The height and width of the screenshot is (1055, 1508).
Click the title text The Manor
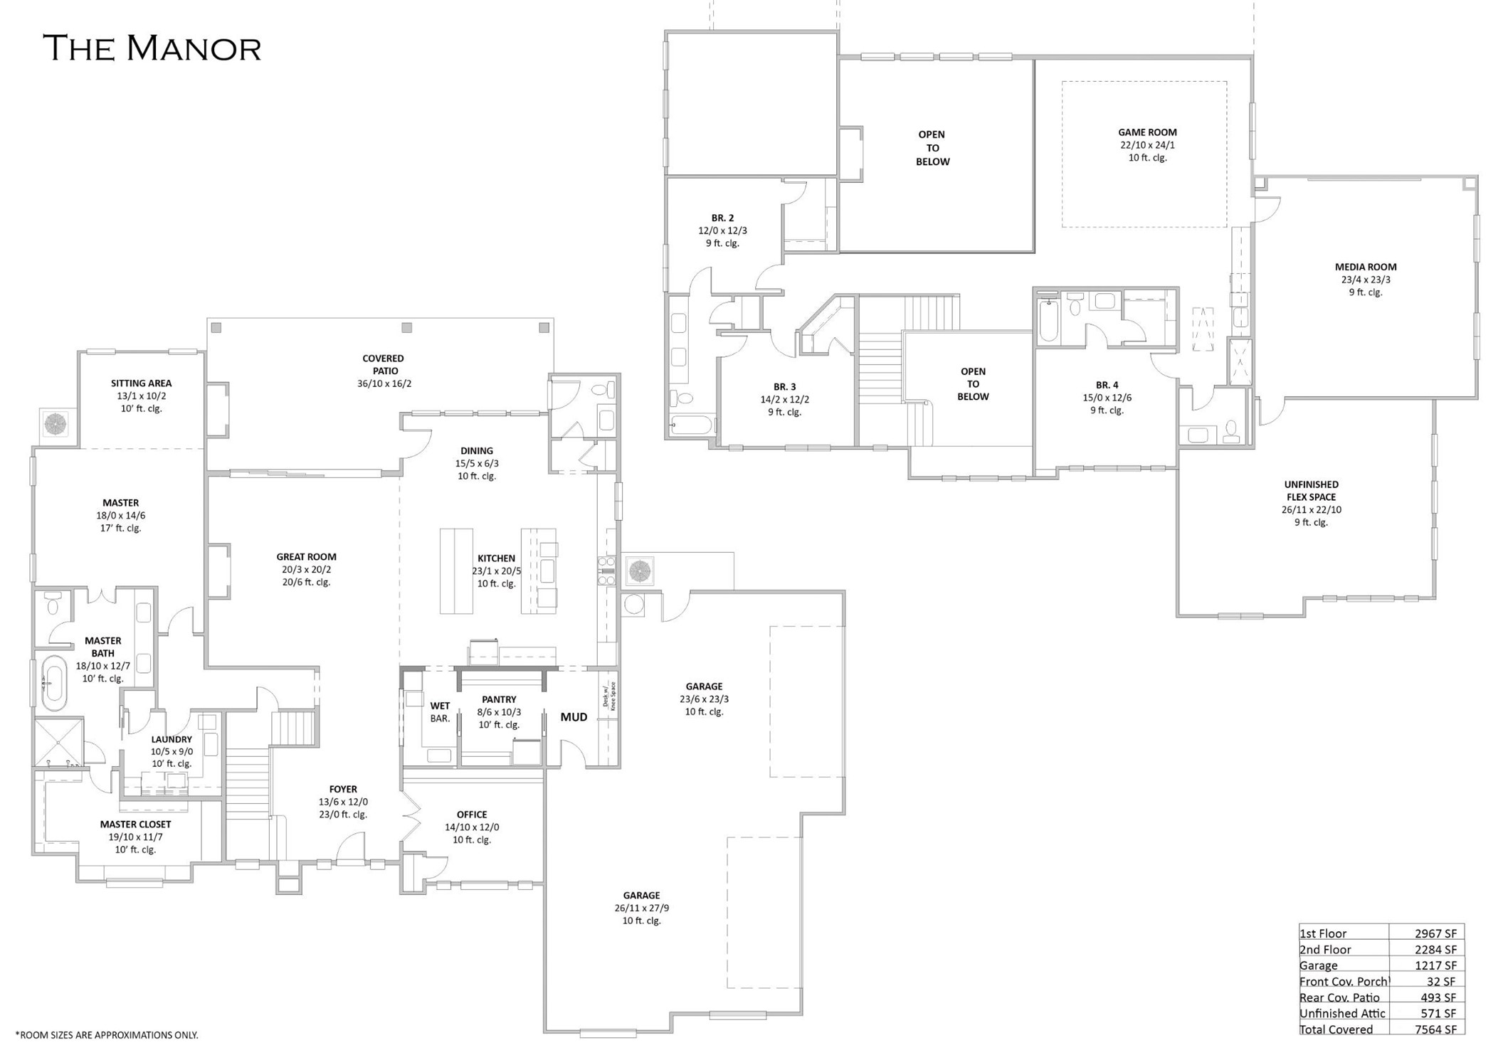pos(152,48)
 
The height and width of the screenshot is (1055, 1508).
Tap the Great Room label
pos(306,557)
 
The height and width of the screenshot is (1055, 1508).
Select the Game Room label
pos(1147,132)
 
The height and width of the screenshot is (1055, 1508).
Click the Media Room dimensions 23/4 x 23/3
pos(1365,280)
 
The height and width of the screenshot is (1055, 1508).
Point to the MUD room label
pos(574,717)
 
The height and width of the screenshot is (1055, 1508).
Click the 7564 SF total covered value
pos(1435,1029)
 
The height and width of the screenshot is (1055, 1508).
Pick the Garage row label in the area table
pos(1318,965)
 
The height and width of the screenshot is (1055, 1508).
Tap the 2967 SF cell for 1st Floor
pos(1435,933)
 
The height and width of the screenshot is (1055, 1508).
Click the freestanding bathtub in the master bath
pos(53,683)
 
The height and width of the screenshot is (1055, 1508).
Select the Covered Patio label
pos(383,364)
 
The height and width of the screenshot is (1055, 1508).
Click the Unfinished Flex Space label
pos(1311,491)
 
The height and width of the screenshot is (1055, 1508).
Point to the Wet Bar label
pos(440,712)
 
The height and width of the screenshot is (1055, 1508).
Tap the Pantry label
pos(498,699)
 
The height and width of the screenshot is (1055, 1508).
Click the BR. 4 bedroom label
pos(1107,385)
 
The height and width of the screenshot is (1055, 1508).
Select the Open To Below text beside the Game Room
pos(932,148)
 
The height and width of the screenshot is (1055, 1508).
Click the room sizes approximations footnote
pos(107,1035)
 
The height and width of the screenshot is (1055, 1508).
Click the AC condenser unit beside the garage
pos(639,571)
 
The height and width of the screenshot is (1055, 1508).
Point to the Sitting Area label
pos(141,383)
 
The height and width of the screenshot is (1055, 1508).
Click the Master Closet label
pos(135,825)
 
